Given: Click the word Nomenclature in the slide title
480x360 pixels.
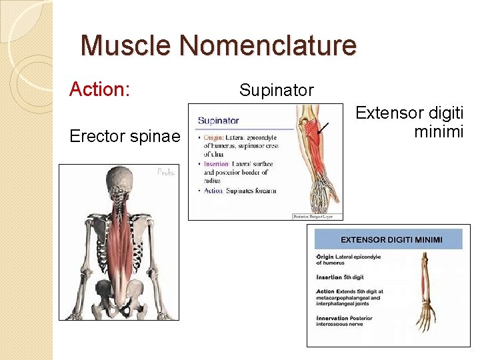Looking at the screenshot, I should (267, 46).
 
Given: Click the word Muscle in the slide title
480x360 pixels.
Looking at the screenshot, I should (127, 46).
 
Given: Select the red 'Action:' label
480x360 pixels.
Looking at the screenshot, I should (99, 89).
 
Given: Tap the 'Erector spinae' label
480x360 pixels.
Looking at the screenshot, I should (125, 137).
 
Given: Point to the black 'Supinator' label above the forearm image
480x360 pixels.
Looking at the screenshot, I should (276, 90).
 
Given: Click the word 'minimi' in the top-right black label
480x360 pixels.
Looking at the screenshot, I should (438, 132).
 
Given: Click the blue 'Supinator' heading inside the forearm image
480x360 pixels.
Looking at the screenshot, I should (219, 121).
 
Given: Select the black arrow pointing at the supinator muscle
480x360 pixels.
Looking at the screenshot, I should (323, 128).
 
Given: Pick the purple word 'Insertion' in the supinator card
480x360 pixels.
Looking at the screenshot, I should (217, 163).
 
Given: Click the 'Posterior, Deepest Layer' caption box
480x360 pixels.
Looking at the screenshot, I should (317, 216).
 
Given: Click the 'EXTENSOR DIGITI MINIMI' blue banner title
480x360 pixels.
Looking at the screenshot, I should (392, 239).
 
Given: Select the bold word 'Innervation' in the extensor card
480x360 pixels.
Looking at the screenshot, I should (334, 319).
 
